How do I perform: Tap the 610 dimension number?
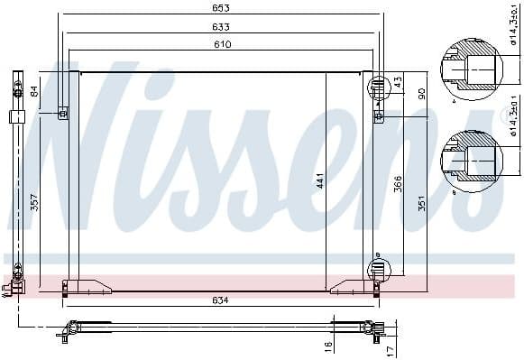click(x=221, y=43)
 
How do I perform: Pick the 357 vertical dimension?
click(x=34, y=202)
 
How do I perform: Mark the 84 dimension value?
click(x=34, y=90)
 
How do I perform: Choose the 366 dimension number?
click(x=398, y=184)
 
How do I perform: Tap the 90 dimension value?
click(x=421, y=94)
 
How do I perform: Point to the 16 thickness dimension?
click(x=328, y=345)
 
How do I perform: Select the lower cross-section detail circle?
click(x=467, y=160)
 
